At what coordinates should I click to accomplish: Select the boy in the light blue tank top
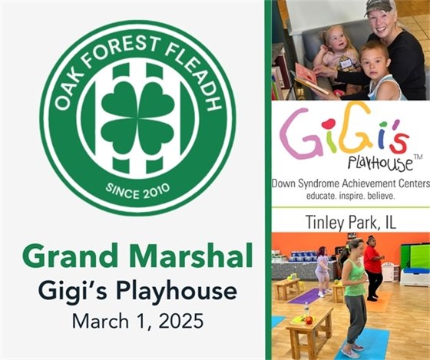(x=382, y=73)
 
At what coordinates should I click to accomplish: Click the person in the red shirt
(x=373, y=266)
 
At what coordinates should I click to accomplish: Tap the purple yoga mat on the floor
(x=309, y=296)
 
